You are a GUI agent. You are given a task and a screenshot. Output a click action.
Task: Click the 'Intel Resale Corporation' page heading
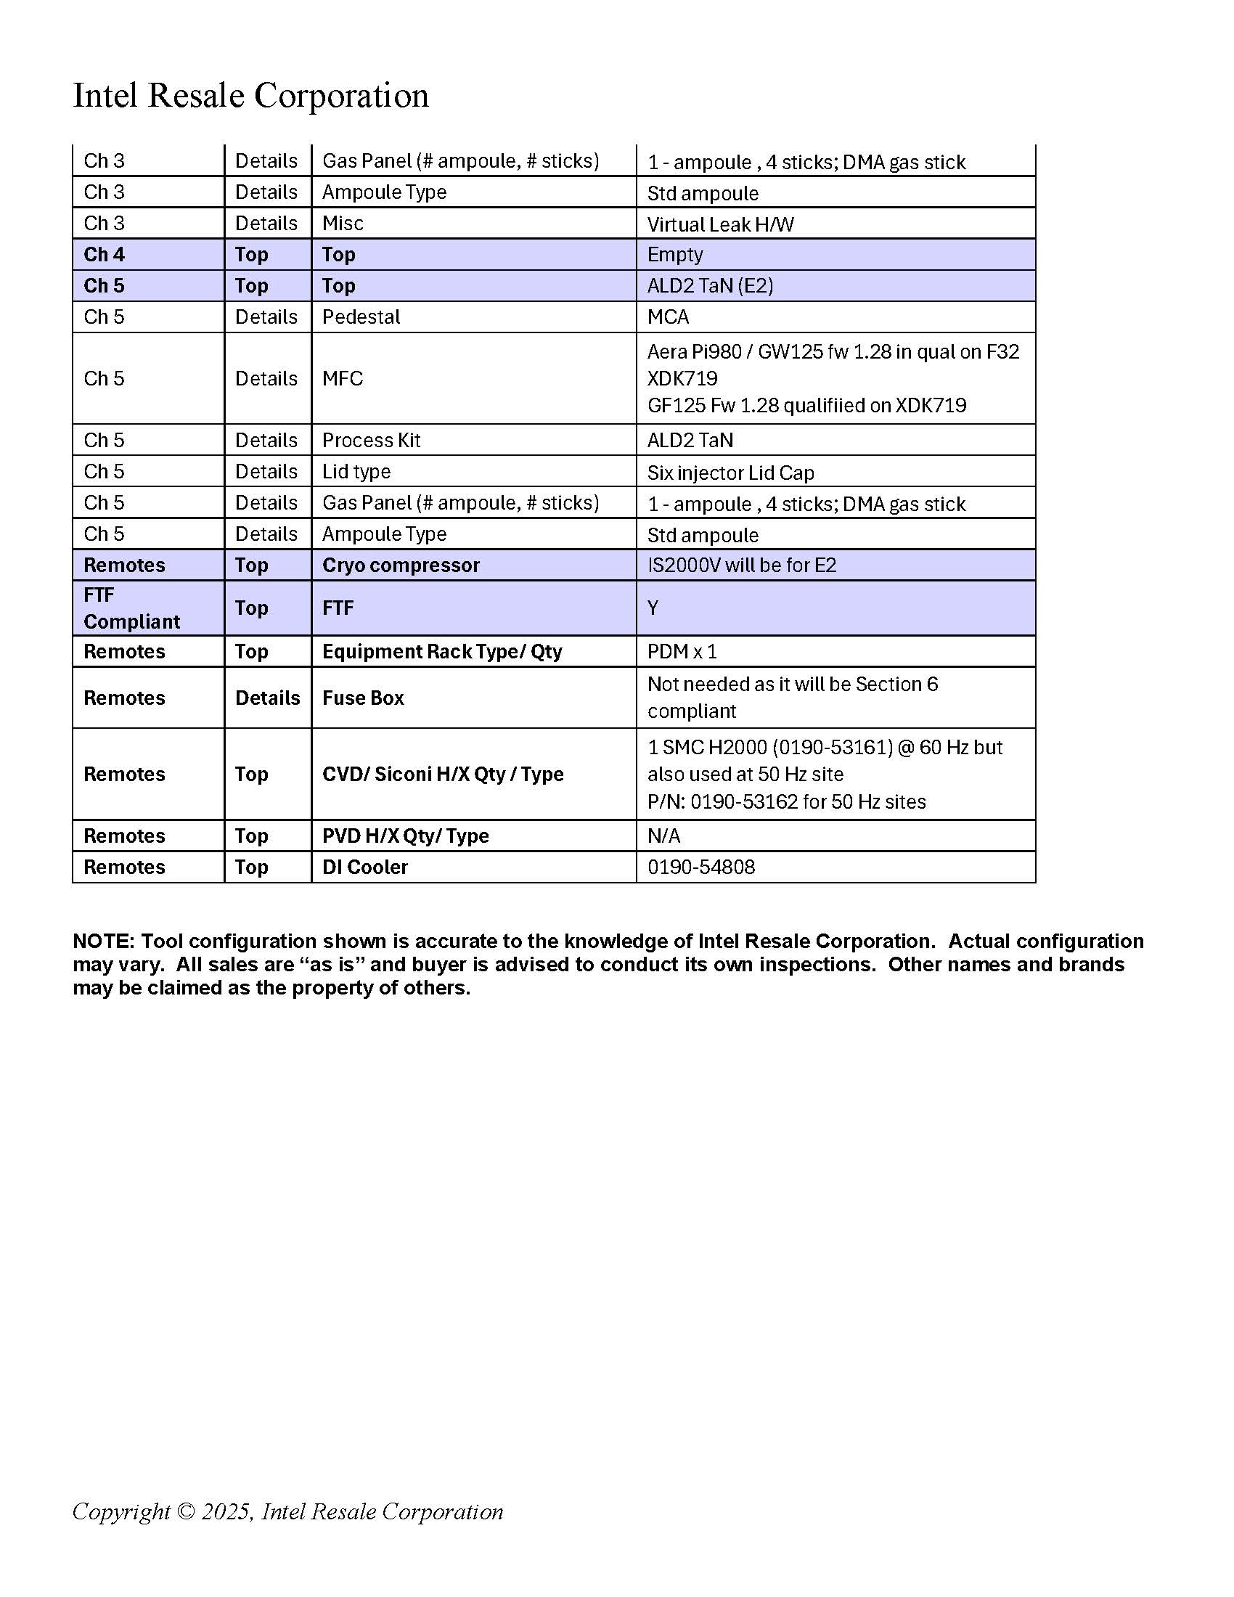(x=250, y=96)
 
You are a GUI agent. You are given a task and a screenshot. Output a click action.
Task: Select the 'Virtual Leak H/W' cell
(x=720, y=224)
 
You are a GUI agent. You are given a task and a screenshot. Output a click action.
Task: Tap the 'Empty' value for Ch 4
(x=675, y=255)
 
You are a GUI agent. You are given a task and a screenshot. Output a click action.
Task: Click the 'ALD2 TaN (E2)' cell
(x=710, y=286)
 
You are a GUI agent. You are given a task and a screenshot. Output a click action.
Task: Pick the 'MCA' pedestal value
(x=667, y=317)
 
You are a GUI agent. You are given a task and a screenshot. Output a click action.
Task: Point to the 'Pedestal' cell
(x=361, y=317)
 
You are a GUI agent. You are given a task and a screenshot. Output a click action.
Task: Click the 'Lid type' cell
(x=356, y=472)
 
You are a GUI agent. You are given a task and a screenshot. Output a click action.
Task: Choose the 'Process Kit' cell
(x=372, y=440)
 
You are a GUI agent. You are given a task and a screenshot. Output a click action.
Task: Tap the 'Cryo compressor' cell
(x=401, y=565)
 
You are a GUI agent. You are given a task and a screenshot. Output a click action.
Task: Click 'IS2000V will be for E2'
(x=741, y=565)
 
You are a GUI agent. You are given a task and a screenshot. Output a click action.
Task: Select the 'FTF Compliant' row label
(x=131, y=608)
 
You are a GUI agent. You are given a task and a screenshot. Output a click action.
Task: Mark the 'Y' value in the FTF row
(x=653, y=608)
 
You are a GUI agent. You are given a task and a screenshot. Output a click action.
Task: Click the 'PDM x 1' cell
(x=682, y=652)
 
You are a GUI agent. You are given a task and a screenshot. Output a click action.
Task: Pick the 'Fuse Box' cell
(x=364, y=698)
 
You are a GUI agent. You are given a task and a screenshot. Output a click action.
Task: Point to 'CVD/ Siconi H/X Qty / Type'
(x=443, y=774)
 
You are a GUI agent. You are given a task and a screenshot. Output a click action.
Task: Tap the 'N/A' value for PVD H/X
(x=663, y=836)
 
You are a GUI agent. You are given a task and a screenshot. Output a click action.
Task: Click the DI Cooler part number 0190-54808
(x=701, y=867)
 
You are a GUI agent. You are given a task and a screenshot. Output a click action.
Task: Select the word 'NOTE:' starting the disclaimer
(x=104, y=941)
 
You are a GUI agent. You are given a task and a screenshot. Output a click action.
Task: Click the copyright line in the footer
(x=287, y=1511)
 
